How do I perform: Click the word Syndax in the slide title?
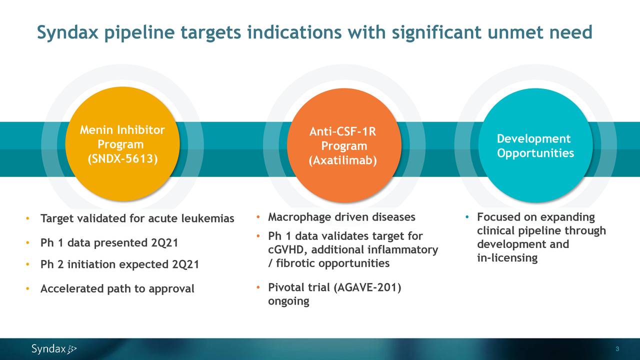[x=67, y=33]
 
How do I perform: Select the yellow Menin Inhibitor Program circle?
[x=122, y=144]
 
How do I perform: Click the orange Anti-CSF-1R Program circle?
[x=344, y=145]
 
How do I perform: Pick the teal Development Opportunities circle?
[x=535, y=145]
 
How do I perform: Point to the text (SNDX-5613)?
[x=122, y=159]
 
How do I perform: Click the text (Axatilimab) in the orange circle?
[x=343, y=160]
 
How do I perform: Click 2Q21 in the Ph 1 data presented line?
[x=164, y=243]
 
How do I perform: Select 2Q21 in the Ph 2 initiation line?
[x=185, y=264]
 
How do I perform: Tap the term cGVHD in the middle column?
[x=287, y=250]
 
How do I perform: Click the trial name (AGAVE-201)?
[x=367, y=287]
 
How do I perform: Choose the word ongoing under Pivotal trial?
[x=288, y=301]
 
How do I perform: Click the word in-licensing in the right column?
[x=507, y=258]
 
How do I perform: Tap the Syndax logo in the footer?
[x=54, y=349]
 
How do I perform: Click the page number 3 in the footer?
[x=617, y=349]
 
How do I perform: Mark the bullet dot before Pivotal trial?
[x=258, y=287]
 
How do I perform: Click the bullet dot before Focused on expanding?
[x=467, y=217]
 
